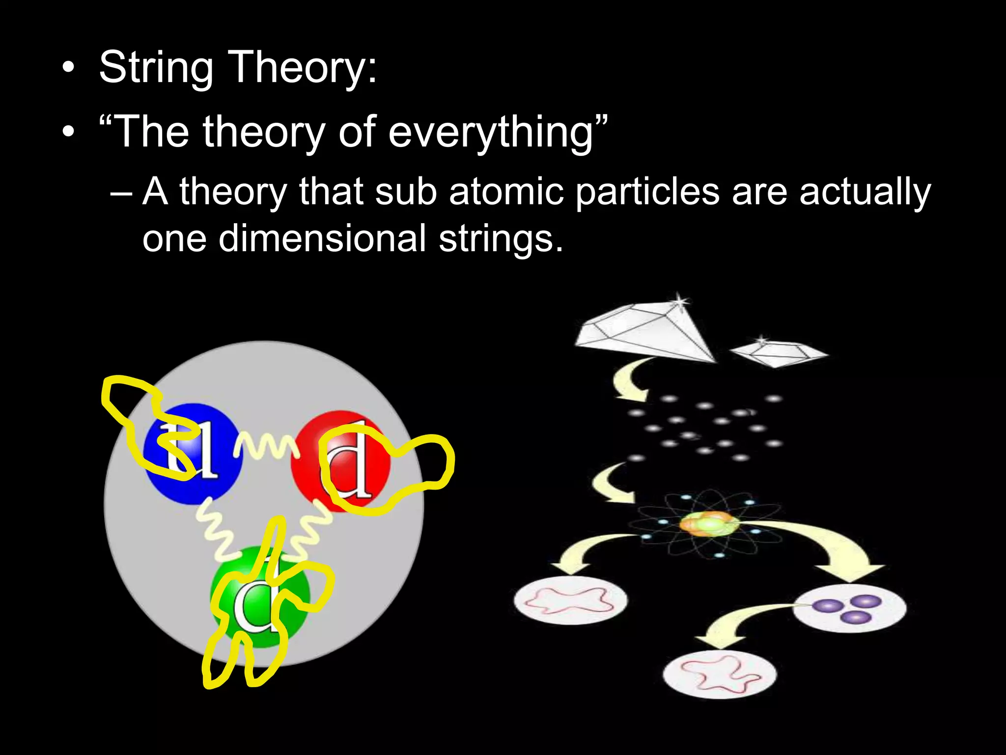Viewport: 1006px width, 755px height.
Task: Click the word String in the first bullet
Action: [156, 67]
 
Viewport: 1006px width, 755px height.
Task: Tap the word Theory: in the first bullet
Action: [303, 67]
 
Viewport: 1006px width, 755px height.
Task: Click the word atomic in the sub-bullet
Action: [506, 192]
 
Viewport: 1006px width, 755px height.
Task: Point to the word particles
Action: [647, 192]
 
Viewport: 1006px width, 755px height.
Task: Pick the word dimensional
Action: [322, 238]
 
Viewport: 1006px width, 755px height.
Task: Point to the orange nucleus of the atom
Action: [709, 524]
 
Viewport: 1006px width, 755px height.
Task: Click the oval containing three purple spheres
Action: [849, 609]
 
